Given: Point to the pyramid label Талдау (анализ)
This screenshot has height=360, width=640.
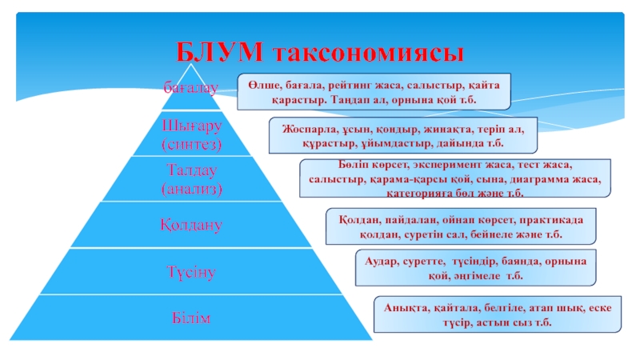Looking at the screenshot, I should [190, 179].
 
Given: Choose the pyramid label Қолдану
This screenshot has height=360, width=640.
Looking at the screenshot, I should [190, 226].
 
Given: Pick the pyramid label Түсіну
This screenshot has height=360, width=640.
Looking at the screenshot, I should [190, 272].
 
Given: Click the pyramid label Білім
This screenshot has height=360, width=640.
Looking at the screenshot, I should [190, 318].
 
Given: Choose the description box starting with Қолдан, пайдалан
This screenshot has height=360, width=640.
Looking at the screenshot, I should [462, 227].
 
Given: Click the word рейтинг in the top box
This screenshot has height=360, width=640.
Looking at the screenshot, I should [351, 83].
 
